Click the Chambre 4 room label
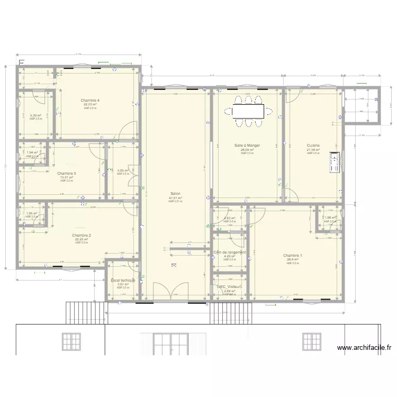pyautogui.click(x=90, y=101)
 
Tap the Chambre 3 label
pyautogui.click(x=67, y=173)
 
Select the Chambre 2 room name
pyautogui.click(x=82, y=235)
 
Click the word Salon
pyautogui.click(x=175, y=194)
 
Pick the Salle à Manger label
pyautogui.click(x=247, y=145)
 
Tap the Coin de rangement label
pyautogui.click(x=230, y=252)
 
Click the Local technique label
pyautogui.click(x=123, y=280)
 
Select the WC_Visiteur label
pyautogui.click(x=229, y=286)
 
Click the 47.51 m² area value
pyautogui.click(x=175, y=198)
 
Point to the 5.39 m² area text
pyautogui.click(x=35, y=115)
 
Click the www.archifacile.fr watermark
pyautogui.click(x=365, y=348)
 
